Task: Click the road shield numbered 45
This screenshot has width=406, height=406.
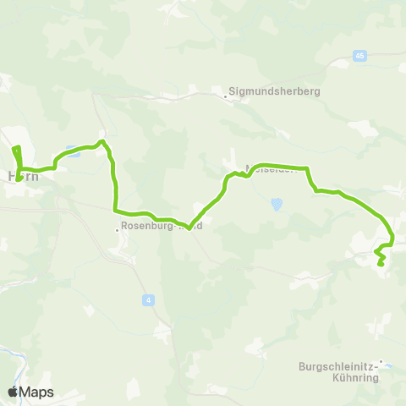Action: coord(360,56)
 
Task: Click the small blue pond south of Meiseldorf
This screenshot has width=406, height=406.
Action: coord(276,204)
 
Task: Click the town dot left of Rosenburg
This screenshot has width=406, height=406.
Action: coord(118,227)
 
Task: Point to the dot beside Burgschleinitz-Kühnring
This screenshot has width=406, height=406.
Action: coord(381,363)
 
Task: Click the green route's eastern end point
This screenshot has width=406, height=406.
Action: coord(381,265)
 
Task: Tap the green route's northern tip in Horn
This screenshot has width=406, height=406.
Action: coord(14,149)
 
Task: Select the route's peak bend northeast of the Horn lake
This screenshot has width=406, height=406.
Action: coord(101,141)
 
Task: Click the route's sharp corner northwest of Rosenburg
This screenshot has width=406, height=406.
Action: coord(115,210)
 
